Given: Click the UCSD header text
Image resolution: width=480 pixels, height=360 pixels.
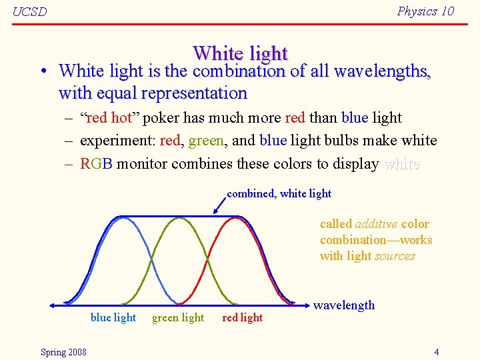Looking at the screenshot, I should point(30,12).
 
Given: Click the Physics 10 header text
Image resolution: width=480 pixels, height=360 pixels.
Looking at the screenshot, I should point(425,11).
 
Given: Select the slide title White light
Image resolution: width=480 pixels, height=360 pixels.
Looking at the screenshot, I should point(240,53).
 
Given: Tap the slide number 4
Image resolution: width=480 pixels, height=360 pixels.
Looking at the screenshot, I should point(436,352).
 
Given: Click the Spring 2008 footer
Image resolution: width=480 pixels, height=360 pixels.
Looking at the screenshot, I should point(63,352).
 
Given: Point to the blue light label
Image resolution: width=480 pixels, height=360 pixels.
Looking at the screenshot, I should point(113,318).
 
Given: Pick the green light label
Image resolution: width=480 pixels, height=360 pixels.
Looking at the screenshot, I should point(178,318).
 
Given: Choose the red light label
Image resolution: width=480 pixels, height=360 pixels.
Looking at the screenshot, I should point(243,318).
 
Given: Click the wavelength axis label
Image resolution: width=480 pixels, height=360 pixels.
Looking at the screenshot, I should point(344,305).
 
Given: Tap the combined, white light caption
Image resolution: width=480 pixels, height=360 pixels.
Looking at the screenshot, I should point(279,193).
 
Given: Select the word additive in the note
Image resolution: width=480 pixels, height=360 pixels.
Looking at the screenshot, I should point(377,224).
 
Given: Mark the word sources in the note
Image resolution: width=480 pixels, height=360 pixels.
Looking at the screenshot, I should point(395,256).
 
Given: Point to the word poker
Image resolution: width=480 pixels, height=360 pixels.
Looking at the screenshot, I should point(159,118).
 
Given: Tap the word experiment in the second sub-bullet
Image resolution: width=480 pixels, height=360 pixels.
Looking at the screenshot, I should point(113,141).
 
